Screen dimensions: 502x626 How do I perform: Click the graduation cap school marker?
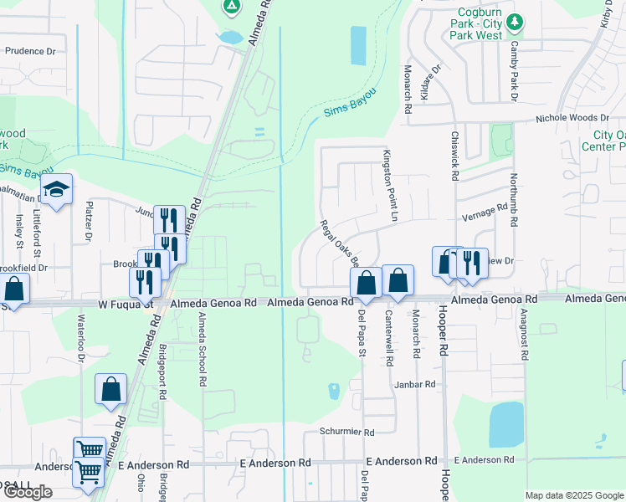click(x=56, y=190)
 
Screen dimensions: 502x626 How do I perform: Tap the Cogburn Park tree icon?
click(x=517, y=20)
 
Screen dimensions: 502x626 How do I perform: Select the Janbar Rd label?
click(x=418, y=384)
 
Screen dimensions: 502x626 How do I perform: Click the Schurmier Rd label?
click(x=346, y=432)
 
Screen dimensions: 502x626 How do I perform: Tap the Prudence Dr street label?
click(x=30, y=51)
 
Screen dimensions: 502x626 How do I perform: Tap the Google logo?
click(x=28, y=492)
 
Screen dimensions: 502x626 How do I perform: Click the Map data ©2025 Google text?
click(x=574, y=495)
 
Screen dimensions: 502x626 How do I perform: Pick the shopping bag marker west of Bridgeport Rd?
click(x=111, y=388)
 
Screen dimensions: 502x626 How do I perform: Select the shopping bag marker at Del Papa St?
click(x=366, y=282)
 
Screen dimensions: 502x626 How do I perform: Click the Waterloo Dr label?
click(x=81, y=338)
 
